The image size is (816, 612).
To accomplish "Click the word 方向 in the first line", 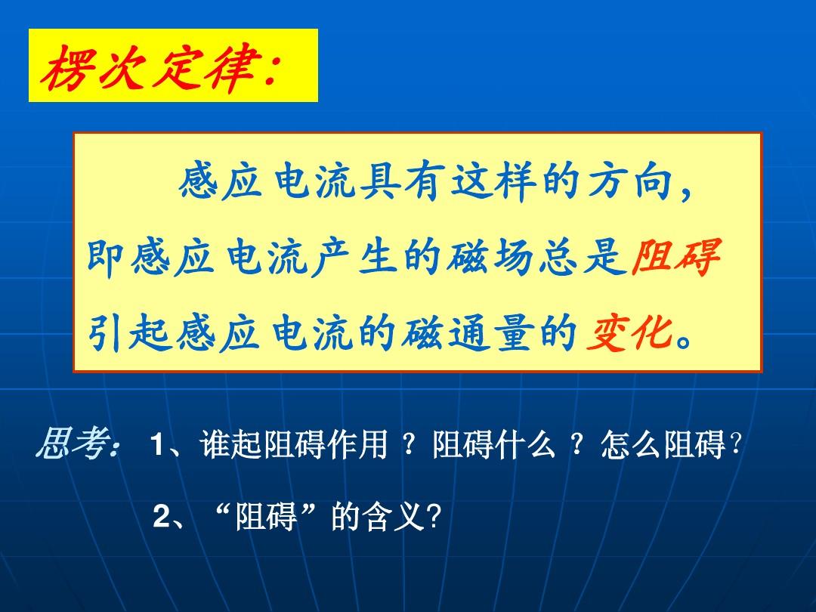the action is (631, 181).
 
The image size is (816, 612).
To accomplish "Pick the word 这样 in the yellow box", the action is (493, 181).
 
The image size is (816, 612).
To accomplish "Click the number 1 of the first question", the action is (157, 446).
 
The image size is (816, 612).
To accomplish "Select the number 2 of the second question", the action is (162, 516).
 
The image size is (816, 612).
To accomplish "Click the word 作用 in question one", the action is (357, 444).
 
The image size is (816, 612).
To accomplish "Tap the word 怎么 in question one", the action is (632, 444).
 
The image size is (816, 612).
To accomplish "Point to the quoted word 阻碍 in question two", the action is (266, 516).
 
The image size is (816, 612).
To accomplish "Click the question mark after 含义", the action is (434, 517).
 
